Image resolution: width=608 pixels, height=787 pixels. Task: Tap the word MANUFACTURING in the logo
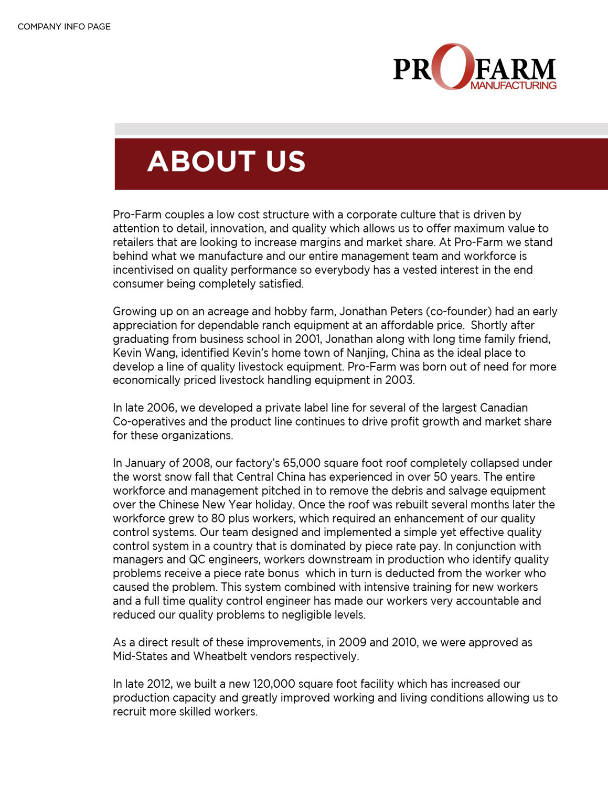(x=513, y=86)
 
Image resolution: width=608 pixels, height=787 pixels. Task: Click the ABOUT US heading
(x=226, y=161)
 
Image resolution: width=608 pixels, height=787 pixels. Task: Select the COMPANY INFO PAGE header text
(x=64, y=27)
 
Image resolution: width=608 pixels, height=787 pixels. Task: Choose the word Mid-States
(x=140, y=656)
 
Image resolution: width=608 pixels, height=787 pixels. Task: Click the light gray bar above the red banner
(x=361, y=129)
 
